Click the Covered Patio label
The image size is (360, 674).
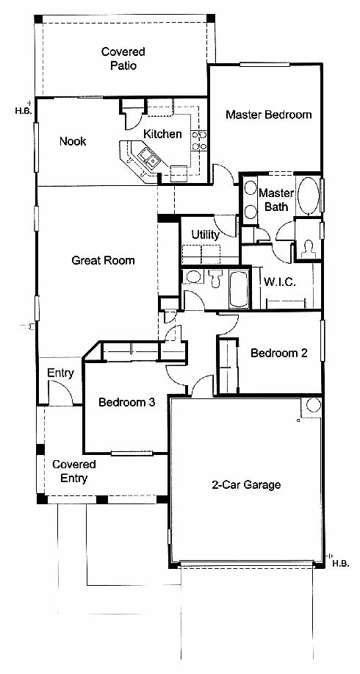(123, 59)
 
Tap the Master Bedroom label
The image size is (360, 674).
(268, 115)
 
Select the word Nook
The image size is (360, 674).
(73, 141)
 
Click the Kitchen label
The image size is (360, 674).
(162, 134)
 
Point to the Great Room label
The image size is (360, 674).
(103, 260)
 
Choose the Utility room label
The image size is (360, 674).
(205, 235)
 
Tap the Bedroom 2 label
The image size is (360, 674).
(279, 354)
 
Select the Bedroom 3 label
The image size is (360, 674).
(126, 403)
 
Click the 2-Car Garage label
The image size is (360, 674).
(246, 485)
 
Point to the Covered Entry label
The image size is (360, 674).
(74, 472)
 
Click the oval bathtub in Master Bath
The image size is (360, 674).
(308, 196)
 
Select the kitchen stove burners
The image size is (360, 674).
(199, 140)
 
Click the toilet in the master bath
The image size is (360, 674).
(308, 249)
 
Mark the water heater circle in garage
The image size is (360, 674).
(313, 405)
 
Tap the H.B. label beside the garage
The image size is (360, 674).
(340, 563)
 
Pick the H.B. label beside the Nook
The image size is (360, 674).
(23, 110)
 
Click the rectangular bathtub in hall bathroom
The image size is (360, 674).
(239, 289)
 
